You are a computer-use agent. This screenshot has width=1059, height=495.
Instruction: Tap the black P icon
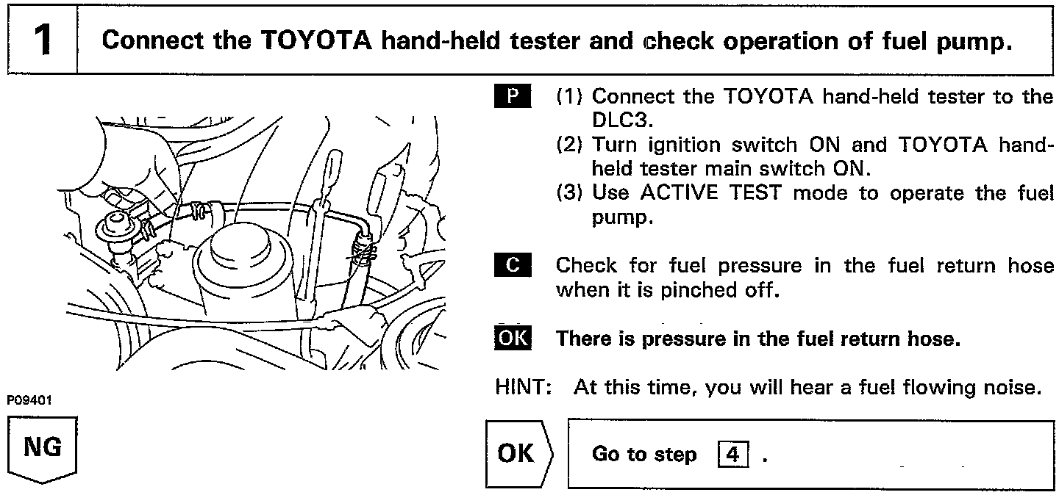(512, 97)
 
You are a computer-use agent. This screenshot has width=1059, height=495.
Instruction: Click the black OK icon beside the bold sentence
(512, 339)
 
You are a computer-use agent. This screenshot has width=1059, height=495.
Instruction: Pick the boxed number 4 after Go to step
(732, 455)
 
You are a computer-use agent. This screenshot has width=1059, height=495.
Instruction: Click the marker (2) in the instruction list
(570, 145)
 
